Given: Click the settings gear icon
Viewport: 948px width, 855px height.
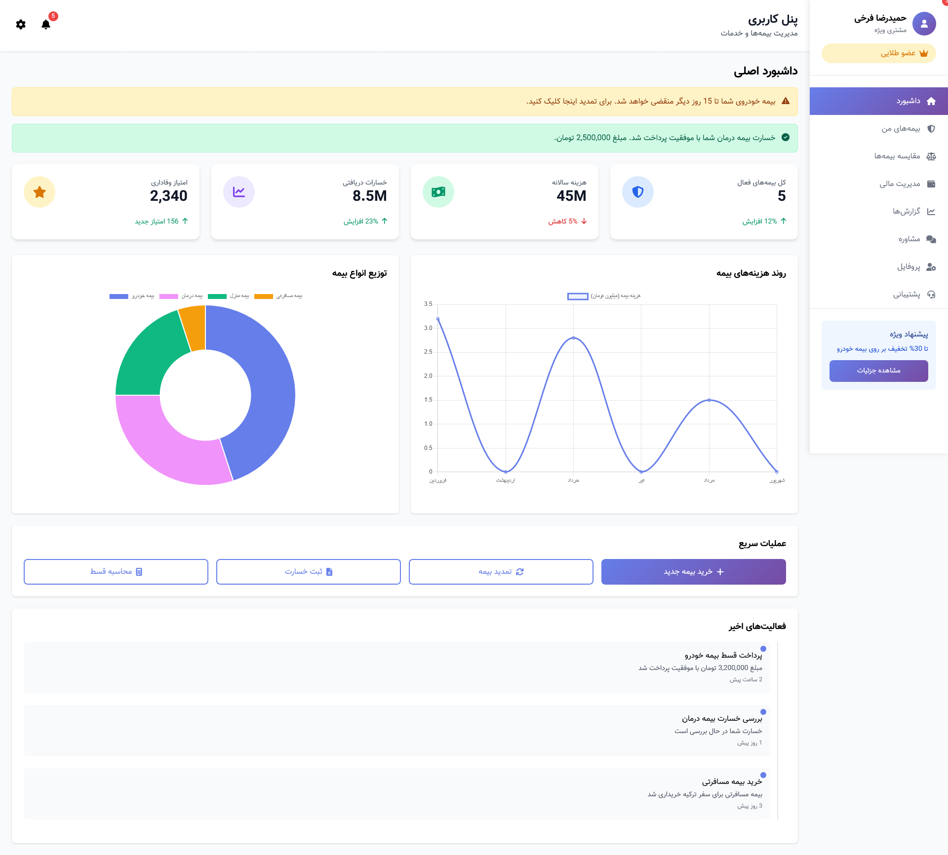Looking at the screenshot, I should (x=21, y=24).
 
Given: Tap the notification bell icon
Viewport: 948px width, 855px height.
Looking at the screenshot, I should (x=46, y=24).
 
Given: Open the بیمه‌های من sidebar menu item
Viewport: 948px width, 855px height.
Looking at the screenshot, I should (x=901, y=129).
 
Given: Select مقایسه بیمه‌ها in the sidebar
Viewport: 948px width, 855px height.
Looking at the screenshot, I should (x=897, y=156).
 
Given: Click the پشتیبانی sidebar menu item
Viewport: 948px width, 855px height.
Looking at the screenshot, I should (x=906, y=295).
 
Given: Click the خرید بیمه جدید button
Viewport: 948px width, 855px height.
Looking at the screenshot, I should (x=693, y=572).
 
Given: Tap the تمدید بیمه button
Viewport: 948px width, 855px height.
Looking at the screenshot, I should (x=501, y=572).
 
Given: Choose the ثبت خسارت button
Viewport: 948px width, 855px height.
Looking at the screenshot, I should (x=308, y=572).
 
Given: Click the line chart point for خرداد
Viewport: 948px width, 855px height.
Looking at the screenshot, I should (x=573, y=338).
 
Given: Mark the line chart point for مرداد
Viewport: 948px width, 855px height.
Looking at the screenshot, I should (x=709, y=400).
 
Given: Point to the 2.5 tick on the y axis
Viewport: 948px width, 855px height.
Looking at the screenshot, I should (x=428, y=352).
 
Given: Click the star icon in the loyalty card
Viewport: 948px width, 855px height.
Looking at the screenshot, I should (x=39, y=192).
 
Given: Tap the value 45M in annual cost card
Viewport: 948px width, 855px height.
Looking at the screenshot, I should (x=571, y=196).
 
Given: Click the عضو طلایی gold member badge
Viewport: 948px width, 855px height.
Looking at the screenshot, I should (x=879, y=53).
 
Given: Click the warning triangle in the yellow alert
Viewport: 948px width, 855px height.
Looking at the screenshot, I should (x=786, y=101).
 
